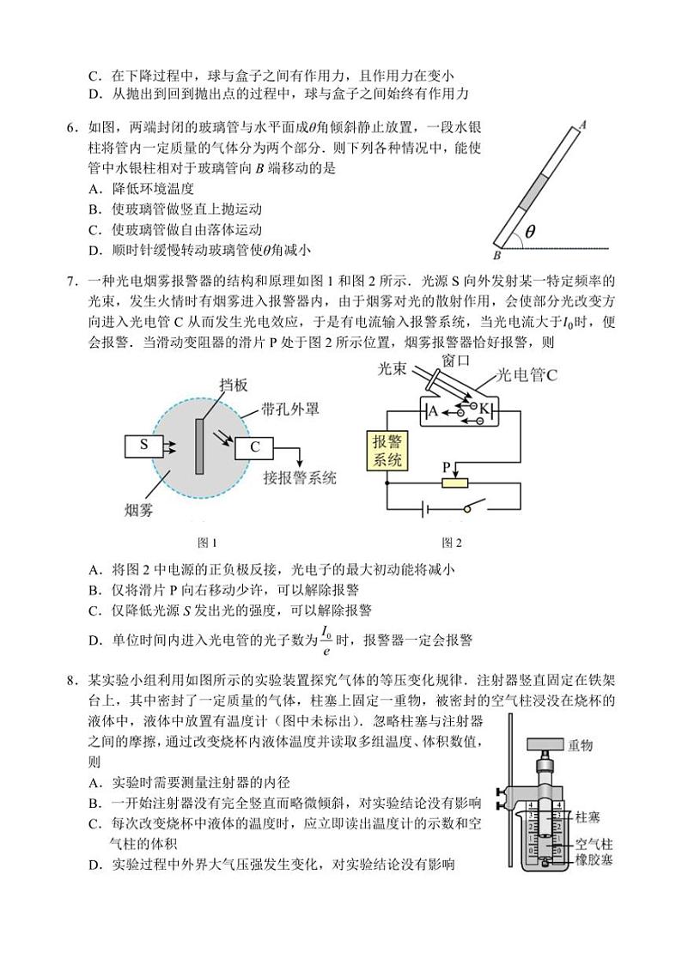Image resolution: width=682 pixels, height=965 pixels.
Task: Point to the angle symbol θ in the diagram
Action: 530,232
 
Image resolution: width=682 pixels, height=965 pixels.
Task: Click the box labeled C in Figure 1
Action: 255,446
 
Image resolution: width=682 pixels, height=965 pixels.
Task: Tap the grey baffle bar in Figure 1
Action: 199,445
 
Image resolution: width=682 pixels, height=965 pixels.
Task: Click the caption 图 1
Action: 207,542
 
